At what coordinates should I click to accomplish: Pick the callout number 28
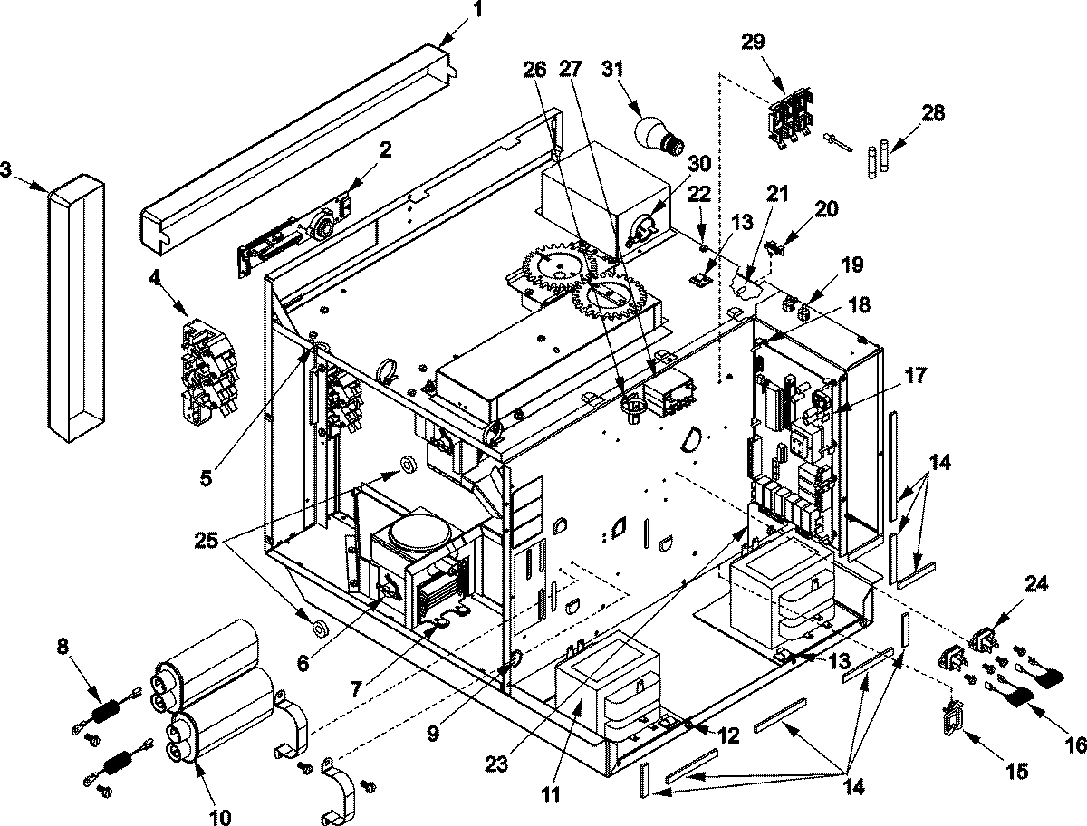tap(933, 113)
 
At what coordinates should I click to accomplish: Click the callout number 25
tap(207, 543)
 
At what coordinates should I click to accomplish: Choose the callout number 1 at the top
tap(477, 12)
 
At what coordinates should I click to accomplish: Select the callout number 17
tap(916, 374)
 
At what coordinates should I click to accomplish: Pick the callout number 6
tap(303, 663)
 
